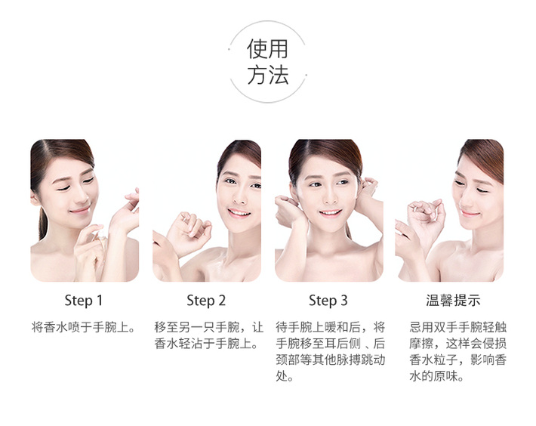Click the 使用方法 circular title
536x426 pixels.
[268, 61]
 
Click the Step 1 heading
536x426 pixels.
[83, 301]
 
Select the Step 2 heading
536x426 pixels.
[206, 301]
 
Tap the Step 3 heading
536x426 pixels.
[328, 301]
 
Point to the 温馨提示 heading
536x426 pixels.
[453, 300]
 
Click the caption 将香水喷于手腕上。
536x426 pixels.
[84, 327]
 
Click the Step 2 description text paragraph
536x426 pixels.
[209, 335]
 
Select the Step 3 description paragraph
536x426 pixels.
[331, 352]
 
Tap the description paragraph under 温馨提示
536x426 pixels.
[457, 352]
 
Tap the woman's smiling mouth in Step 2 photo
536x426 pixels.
[239, 213]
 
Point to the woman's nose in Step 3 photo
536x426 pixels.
[329, 196]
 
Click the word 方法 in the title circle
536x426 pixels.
[268, 76]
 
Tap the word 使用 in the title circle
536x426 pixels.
[268, 49]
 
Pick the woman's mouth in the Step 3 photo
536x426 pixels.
[330, 213]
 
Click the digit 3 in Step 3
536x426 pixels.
[344, 301]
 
